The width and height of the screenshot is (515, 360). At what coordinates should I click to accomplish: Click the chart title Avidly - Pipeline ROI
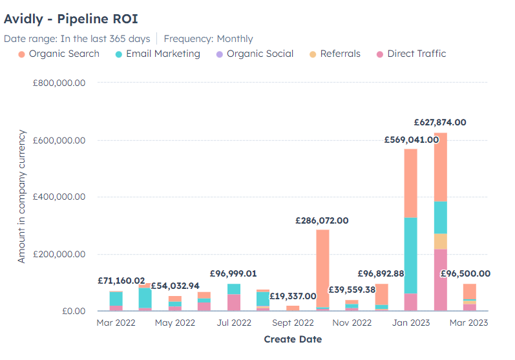pyautogui.click(x=70, y=18)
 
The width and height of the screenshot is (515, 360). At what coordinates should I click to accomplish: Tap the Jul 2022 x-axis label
pyautogui.click(x=234, y=323)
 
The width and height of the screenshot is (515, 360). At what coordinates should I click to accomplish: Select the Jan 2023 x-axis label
pyautogui.click(x=410, y=323)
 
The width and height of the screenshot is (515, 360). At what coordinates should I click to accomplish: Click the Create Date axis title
pyautogui.click(x=293, y=339)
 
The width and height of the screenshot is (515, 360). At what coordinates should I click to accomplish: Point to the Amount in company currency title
pyautogui.click(x=22, y=196)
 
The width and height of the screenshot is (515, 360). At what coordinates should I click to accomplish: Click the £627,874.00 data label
pyautogui.click(x=440, y=122)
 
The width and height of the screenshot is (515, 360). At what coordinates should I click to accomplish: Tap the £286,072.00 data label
pyautogui.click(x=322, y=220)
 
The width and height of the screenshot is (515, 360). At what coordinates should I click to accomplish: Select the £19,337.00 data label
pyautogui.click(x=293, y=295)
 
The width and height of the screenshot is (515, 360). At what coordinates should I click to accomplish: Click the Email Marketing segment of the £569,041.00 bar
pyautogui.click(x=410, y=255)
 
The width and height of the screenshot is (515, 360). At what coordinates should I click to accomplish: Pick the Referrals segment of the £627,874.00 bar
pyautogui.click(x=440, y=241)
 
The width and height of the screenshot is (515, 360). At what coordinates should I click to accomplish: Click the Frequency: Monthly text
pyautogui.click(x=208, y=39)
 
